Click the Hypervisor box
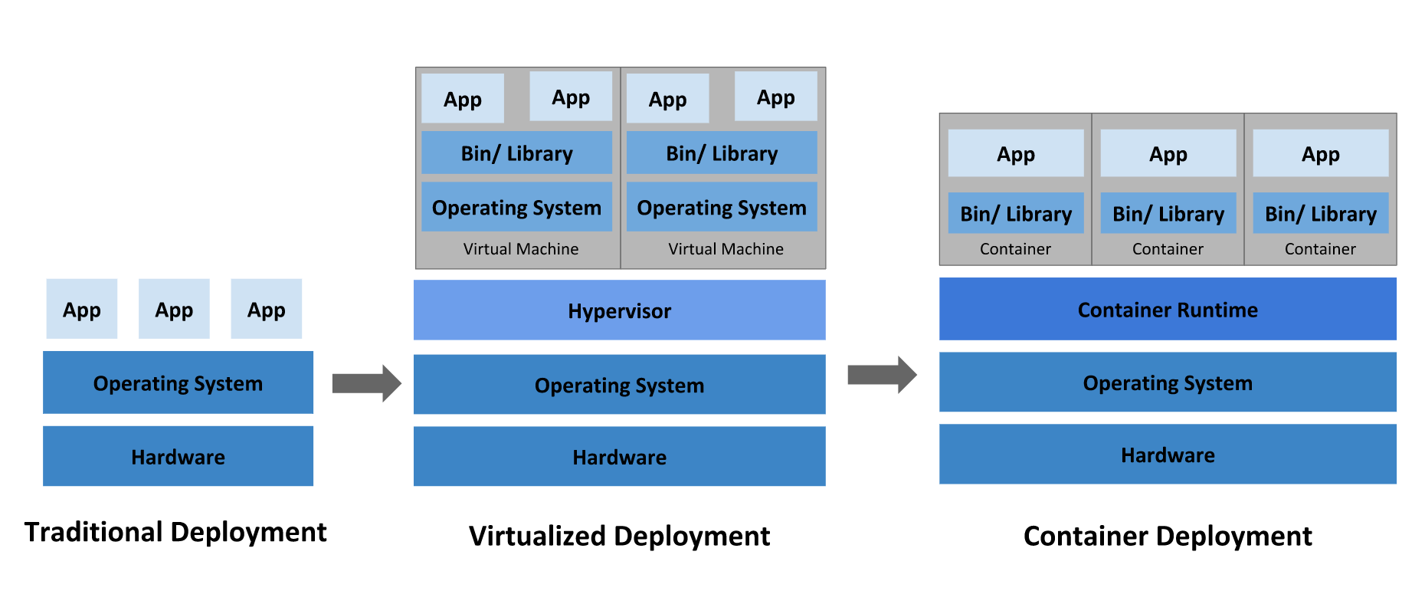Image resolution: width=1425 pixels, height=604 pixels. tap(619, 310)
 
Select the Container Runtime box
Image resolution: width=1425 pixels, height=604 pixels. tap(1168, 309)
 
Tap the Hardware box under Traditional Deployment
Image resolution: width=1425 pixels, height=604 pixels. tap(178, 456)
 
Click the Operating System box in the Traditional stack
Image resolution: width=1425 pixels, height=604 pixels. tap(178, 382)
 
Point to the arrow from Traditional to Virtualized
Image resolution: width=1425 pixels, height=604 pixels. tap(366, 383)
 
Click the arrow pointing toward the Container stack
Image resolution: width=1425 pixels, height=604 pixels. tap(882, 375)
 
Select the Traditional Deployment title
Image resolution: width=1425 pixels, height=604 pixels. tap(175, 532)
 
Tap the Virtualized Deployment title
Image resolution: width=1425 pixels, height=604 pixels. tap(619, 536)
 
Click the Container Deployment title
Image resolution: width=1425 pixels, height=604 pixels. tap(1168, 536)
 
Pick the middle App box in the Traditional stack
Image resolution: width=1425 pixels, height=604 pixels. tap(174, 309)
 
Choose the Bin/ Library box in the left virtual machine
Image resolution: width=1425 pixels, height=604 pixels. tap(516, 153)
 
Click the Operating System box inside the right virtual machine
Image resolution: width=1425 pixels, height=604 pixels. tap(722, 206)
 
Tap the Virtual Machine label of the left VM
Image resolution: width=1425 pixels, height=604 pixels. tap(521, 249)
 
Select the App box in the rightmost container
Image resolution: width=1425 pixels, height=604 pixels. tap(1321, 153)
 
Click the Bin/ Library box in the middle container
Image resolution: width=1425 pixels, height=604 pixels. tap(1168, 213)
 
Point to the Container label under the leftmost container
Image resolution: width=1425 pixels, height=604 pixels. tap(1015, 249)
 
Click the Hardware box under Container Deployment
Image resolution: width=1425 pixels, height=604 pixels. tap(1168, 455)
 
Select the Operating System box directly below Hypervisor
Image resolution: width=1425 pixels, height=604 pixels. tap(619, 384)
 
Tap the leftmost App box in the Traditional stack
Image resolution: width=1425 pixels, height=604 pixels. tap(82, 309)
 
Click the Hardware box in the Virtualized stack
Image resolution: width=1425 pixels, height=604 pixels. tap(619, 456)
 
